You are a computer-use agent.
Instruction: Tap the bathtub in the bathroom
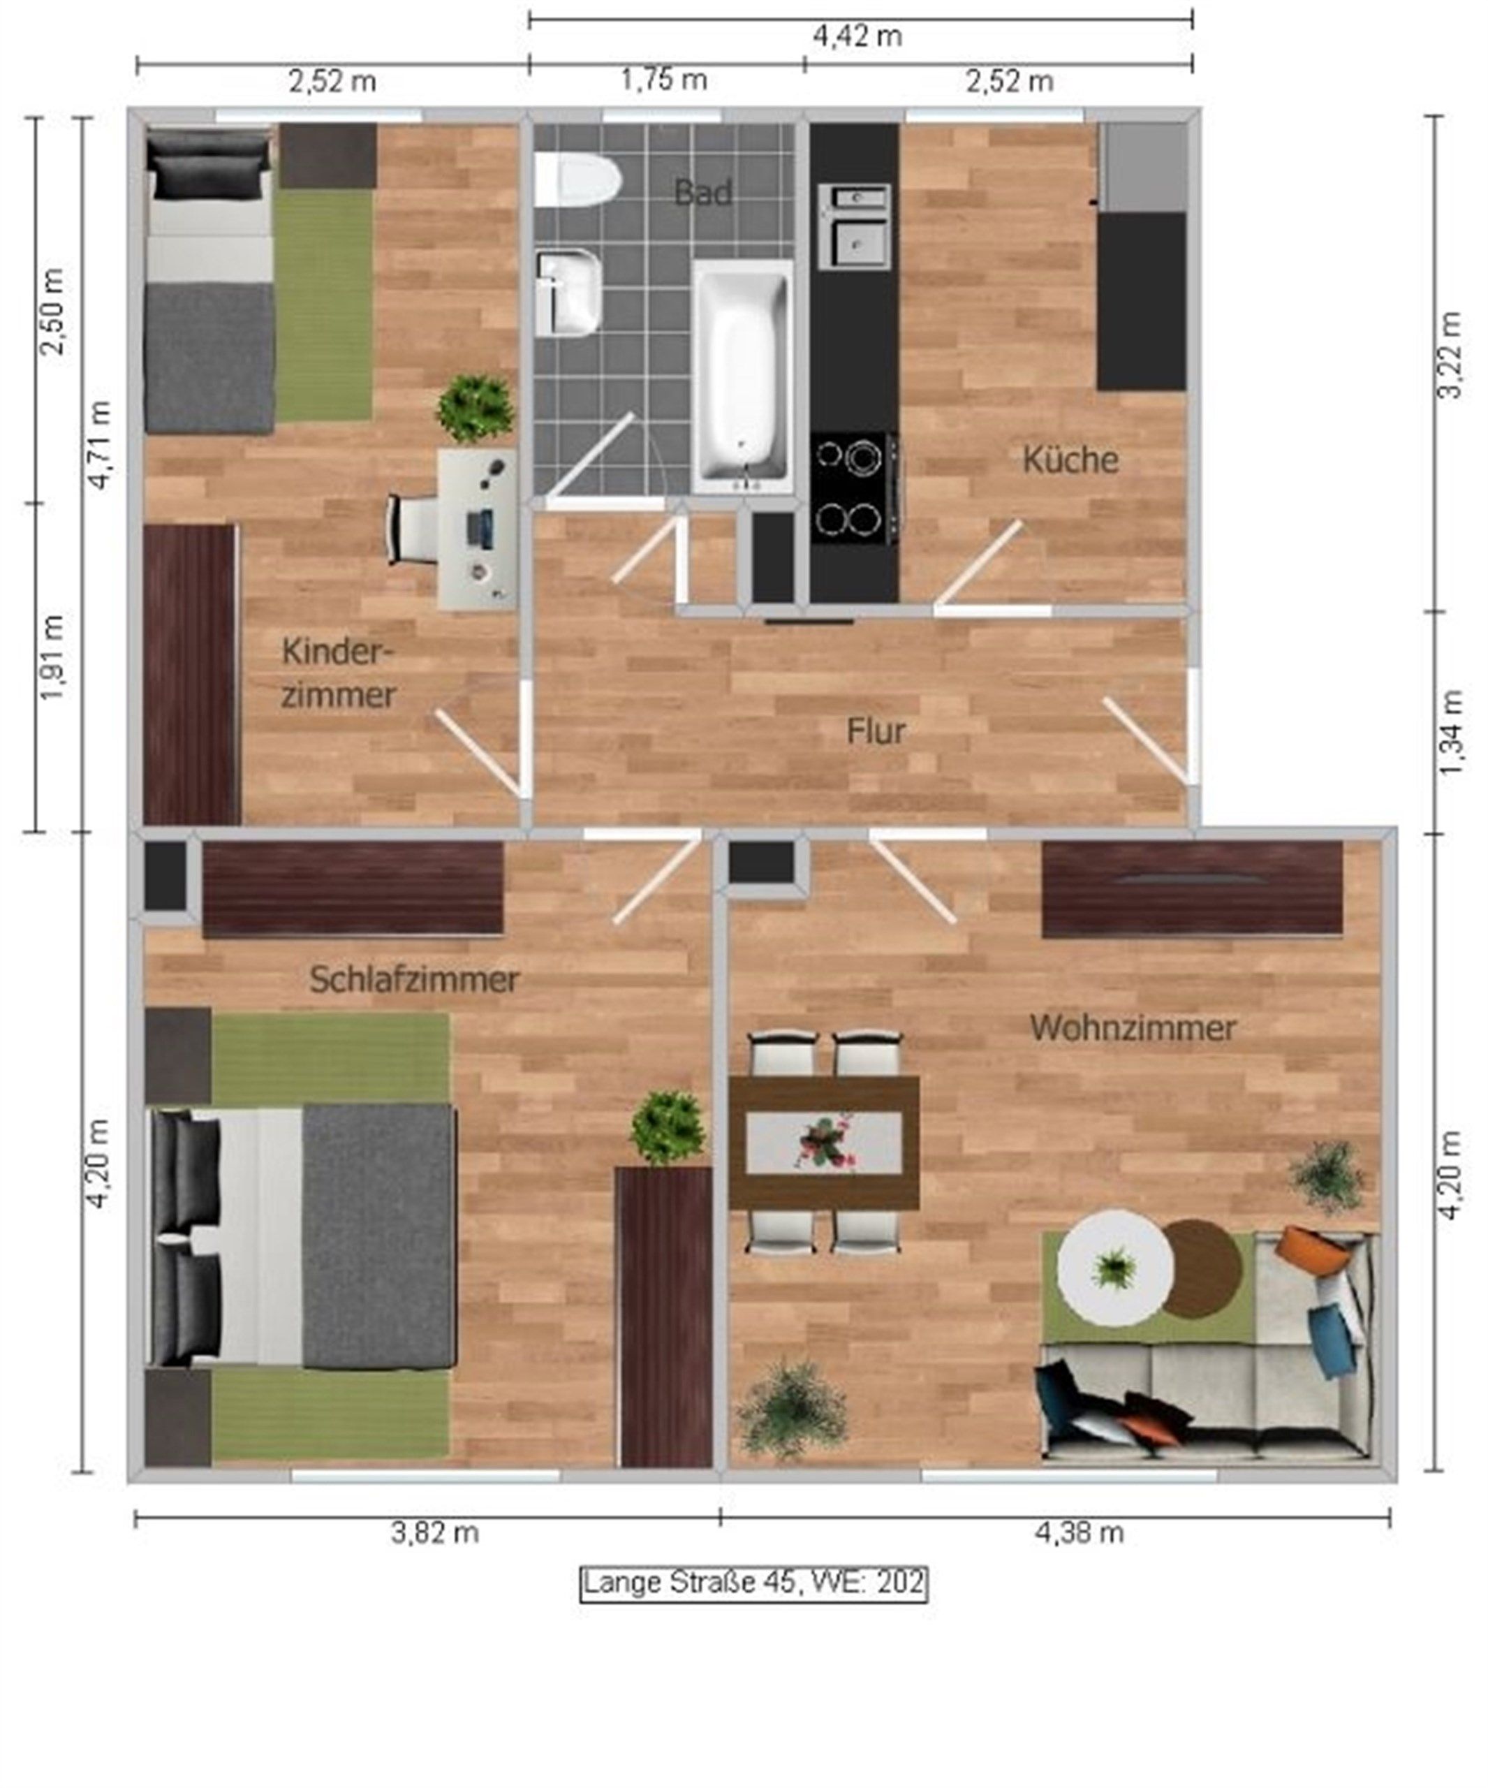(x=743, y=376)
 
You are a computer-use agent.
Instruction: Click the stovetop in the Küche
(x=854, y=489)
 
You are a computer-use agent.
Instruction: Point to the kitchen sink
(x=855, y=226)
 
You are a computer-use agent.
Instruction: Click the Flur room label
(x=875, y=731)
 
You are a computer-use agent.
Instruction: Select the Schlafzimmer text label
(x=413, y=979)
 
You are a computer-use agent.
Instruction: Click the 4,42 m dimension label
(x=857, y=36)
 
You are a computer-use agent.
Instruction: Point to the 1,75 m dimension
(x=664, y=80)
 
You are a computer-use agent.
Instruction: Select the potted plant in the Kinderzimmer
(x=476, y=409)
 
